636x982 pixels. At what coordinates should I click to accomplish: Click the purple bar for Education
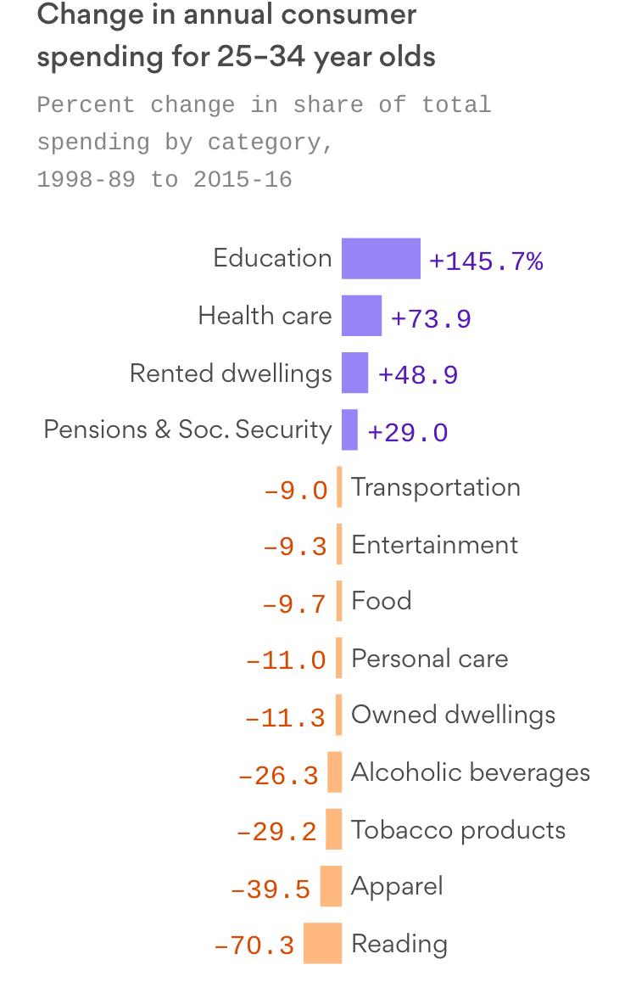tap(381, 259)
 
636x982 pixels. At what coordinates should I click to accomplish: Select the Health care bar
tap(361, 316)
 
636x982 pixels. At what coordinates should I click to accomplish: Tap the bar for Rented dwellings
tap(354, 373)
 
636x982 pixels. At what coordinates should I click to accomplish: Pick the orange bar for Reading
tap(322, 943)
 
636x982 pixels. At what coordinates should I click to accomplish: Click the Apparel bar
tap(331, 886)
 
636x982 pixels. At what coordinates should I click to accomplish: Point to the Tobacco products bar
tap(333, 829)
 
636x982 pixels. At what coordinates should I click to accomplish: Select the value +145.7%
tap(486, 261)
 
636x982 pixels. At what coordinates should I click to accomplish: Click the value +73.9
tap(431, 318)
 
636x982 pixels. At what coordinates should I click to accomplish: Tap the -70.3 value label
tap(254, 945)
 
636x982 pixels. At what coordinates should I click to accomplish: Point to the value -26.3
tap(279, 775)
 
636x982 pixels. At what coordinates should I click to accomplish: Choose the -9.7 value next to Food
tap(294, 603)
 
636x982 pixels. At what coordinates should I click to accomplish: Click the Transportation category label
tap(436, 487)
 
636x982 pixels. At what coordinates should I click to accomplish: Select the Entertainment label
tap(434, 544)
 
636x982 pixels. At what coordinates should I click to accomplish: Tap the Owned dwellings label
tap(453, 715)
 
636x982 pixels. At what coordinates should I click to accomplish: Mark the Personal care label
tap(429, 658)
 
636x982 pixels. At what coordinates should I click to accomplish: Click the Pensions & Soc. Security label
tap(187, 429)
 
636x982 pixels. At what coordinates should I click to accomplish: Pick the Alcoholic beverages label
tap(471, 772)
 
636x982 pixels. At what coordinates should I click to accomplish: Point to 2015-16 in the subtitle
tap(243, 180)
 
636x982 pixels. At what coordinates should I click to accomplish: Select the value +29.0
tap(407, 432)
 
